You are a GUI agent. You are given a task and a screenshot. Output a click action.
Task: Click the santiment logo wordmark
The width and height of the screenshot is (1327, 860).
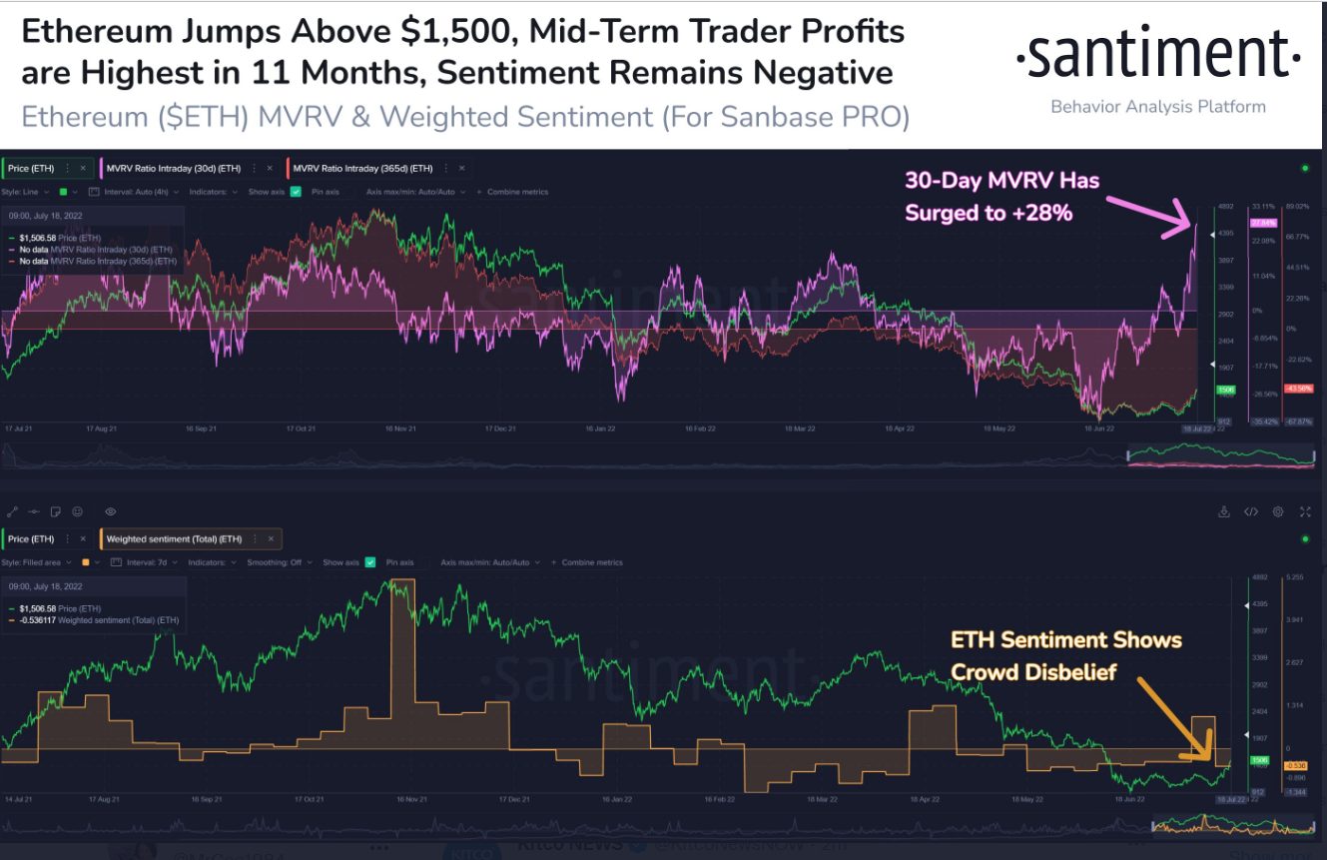tap(1158, 57)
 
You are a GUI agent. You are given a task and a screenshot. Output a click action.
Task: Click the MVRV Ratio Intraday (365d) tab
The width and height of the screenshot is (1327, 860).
tap(362, 168)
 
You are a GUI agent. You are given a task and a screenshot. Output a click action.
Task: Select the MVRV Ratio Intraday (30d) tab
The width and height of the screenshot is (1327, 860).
tap(173, 168)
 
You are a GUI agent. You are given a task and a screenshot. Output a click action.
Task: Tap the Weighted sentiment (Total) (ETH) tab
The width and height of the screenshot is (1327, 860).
tap(174, 539)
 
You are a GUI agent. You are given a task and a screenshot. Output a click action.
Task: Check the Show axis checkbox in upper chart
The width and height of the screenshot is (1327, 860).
tap(296, 192)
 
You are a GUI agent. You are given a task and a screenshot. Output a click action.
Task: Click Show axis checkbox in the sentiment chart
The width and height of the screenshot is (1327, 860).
tap(371, 562)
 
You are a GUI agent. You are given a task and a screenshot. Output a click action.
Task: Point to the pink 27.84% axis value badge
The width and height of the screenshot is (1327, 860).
tap(1263, 223)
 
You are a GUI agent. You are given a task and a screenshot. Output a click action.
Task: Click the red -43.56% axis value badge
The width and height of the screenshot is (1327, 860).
tap(1299, 388)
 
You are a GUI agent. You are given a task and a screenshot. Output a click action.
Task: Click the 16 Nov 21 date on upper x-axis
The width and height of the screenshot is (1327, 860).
tap(400, 428)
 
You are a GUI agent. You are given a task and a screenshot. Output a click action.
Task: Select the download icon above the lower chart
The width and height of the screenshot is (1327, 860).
tap(1224, 511)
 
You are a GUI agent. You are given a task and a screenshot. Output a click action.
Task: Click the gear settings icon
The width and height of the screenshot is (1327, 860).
tap(1278, 511)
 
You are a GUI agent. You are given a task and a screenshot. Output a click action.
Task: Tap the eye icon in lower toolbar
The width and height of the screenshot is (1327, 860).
tap(110, 511)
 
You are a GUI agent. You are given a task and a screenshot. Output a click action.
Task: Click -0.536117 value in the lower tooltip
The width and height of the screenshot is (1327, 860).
tap(44, 620)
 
